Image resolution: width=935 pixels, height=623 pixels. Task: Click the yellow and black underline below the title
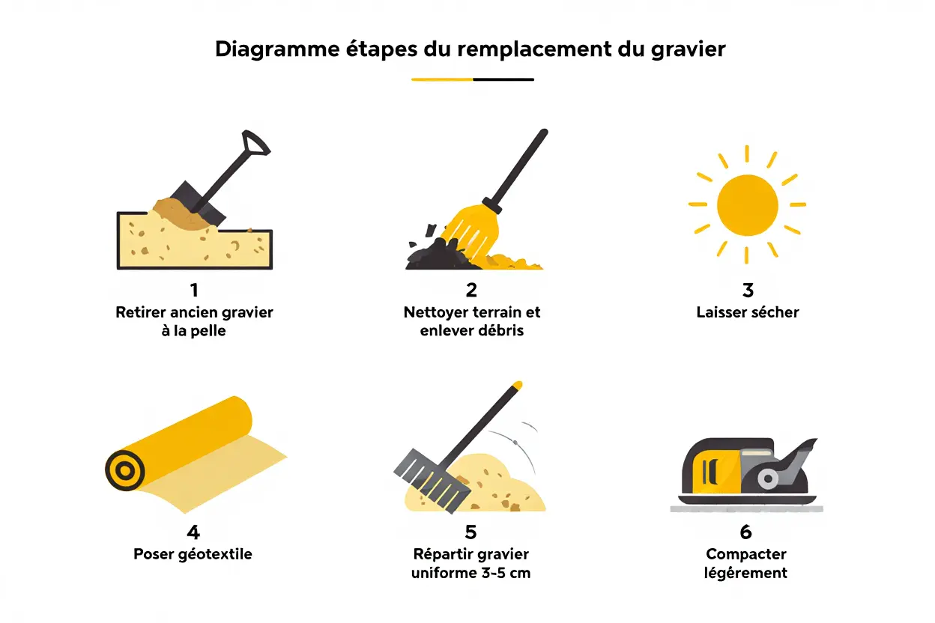[x=472, y=79]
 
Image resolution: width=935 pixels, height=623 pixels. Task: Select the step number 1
[x=194, y=290]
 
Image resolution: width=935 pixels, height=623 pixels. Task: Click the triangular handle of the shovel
[x=255, y=143]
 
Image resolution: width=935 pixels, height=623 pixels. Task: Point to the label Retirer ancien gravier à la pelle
[x=194, y=321]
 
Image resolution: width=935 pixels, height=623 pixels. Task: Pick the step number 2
[x=471, y=290]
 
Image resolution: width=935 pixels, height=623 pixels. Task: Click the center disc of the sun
[x=747, y=204]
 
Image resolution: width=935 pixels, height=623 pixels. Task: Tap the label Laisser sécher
[x=747, y=312]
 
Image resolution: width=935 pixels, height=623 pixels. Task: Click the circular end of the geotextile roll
[x=124, y=470]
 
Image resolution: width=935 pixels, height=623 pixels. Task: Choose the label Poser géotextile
[x=193, y=555]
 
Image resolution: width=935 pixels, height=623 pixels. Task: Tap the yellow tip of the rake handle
[x=516, y=385]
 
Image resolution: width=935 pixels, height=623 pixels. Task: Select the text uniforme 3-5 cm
[x=470, y=574]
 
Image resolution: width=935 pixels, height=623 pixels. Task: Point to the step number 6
[x=745, y=532]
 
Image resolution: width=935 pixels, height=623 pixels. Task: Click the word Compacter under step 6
[x=745, y=555]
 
